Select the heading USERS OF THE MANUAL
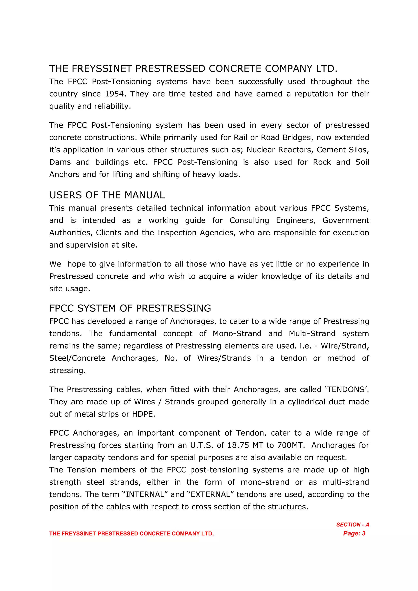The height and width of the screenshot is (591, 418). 107,195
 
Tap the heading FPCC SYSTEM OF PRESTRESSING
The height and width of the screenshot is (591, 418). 130,308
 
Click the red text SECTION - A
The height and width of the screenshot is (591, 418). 352,525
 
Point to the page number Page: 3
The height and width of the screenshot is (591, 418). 354,533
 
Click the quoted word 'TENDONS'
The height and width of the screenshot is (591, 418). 345,390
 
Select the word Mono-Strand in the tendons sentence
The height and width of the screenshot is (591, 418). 237,334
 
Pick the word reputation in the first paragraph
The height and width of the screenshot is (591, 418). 314,94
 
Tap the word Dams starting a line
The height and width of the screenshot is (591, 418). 60,162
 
